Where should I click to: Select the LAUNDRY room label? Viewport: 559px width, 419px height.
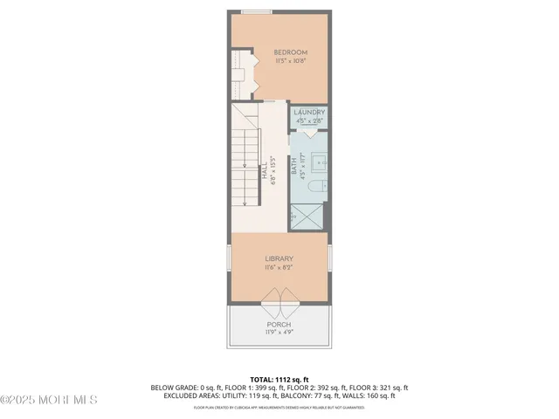(308, 113)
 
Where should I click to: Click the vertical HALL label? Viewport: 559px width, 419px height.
(266, 170)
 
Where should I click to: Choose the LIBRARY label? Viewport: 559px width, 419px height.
(279, 258)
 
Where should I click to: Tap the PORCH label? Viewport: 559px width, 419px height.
(279, 325)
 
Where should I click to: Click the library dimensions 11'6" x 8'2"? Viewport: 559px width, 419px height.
(279, 267)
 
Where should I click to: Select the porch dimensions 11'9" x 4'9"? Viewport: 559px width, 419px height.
(279, 333)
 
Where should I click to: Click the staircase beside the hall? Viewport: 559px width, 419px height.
(246, 166)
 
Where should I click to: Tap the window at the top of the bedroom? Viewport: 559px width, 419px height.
(255, 11)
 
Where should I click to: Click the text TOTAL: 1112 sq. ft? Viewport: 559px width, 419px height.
(279, 380)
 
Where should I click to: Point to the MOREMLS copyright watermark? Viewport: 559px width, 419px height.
(48, 401)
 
